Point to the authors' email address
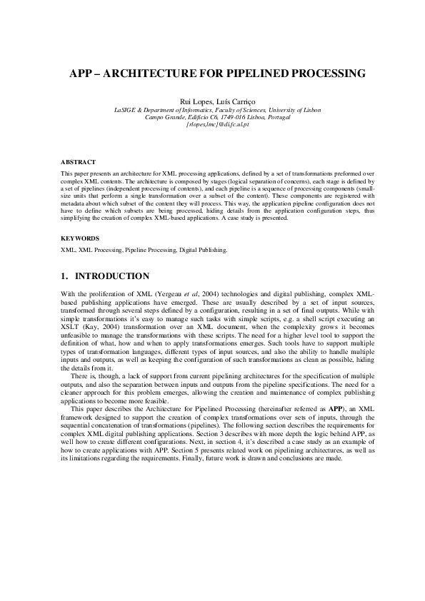[x=217, y=125]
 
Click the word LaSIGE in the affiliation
[x=126, y=110]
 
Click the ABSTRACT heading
[x=78, y=162]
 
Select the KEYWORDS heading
[x=80, y=238]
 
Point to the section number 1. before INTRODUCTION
[x=65, y=276]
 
